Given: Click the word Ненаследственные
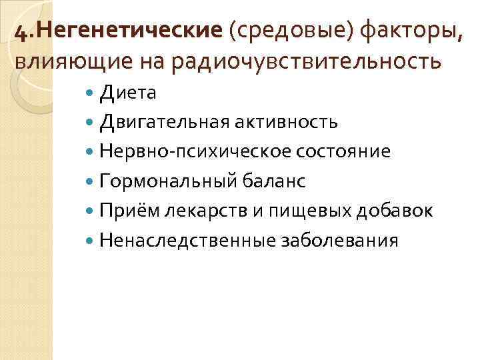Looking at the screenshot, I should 188,240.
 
